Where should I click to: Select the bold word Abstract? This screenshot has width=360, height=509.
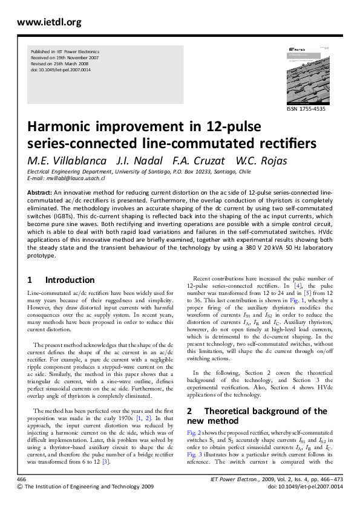click(x=39, y=192)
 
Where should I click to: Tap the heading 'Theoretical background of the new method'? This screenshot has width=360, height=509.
click(x=260, y=416)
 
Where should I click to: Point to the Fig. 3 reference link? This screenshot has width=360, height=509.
click(x=194, y=454)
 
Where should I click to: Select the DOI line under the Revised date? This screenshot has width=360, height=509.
click(x=61, y=70)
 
